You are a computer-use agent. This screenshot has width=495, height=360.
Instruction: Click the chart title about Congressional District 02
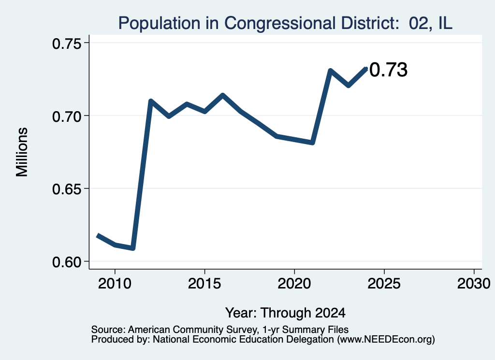point(285,23)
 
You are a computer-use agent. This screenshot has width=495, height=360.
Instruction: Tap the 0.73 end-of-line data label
point(388,70)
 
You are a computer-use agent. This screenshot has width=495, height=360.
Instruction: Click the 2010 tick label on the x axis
point(115,284)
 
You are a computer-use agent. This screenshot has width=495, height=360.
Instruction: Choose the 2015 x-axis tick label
point(204,284)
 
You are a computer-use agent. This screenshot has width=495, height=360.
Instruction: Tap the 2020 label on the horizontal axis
point(294,284)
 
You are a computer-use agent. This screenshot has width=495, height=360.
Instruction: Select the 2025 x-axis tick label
point(384,284)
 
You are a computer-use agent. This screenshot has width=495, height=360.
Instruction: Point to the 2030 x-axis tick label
point(474,284)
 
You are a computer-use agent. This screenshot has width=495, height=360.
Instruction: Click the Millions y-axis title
point(22,152)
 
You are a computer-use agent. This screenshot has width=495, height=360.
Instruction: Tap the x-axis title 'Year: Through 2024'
point(285,313)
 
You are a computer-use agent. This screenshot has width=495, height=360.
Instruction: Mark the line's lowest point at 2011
point(133,248)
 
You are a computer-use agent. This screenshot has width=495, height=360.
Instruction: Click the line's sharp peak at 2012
point(151,101)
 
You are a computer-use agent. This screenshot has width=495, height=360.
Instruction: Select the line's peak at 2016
point(222,95)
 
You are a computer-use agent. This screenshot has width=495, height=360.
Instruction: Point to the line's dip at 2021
point(313,143)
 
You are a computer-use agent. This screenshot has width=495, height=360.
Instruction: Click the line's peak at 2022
point(330,71)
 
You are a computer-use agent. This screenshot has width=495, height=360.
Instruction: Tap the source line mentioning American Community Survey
point(220,330)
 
